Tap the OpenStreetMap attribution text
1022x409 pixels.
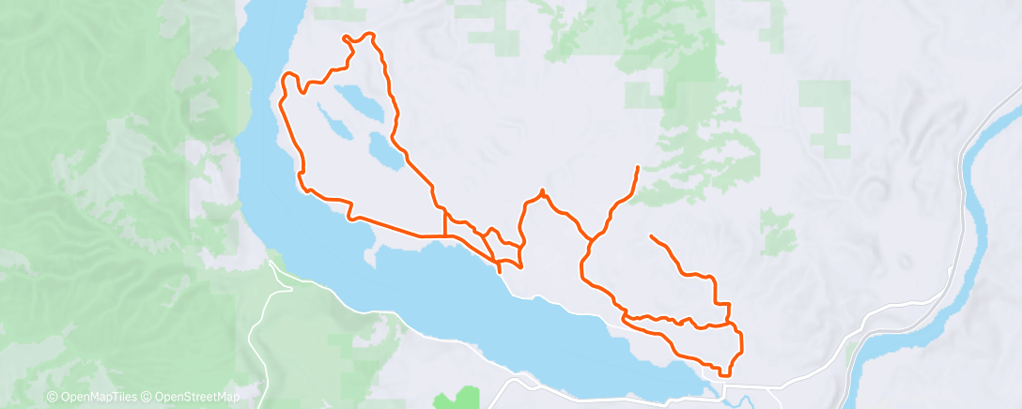tap(196, 398)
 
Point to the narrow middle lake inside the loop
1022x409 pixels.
tap(335, 121)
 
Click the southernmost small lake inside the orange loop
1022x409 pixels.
tap(384, 150)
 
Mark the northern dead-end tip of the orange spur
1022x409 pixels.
tap(639, 167)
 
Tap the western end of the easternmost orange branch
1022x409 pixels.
tap(650, 235)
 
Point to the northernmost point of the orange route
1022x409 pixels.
tap(370, 34)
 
